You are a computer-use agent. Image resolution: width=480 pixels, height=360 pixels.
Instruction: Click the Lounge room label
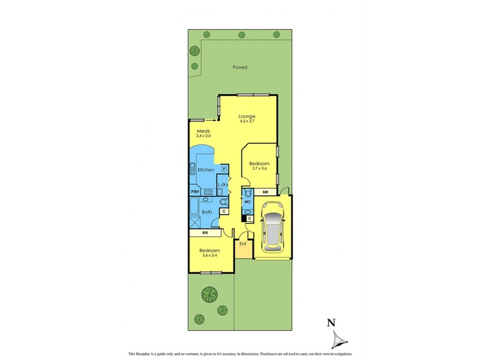pos(247,116)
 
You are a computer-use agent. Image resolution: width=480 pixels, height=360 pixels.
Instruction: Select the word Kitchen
pos(206,170)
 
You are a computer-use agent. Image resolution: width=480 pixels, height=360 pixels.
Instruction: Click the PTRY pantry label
pos(195,192)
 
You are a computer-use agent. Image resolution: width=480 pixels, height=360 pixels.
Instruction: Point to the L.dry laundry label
pos(222,184)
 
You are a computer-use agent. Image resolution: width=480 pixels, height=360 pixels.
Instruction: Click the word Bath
pos(206,212)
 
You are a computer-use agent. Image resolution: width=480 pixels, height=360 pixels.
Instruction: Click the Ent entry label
pos(243,244)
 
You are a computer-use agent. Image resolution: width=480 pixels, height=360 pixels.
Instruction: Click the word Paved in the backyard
pos(240,67)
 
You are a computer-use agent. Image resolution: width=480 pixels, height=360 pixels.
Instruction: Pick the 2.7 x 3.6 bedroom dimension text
pos(260,170)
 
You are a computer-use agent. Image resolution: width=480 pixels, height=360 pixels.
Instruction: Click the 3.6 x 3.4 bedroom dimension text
pos(209,256)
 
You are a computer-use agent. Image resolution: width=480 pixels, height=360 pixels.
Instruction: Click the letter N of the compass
pos(330,323)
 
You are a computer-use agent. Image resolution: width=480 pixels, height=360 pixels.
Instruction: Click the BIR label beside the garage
pos(265,192)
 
